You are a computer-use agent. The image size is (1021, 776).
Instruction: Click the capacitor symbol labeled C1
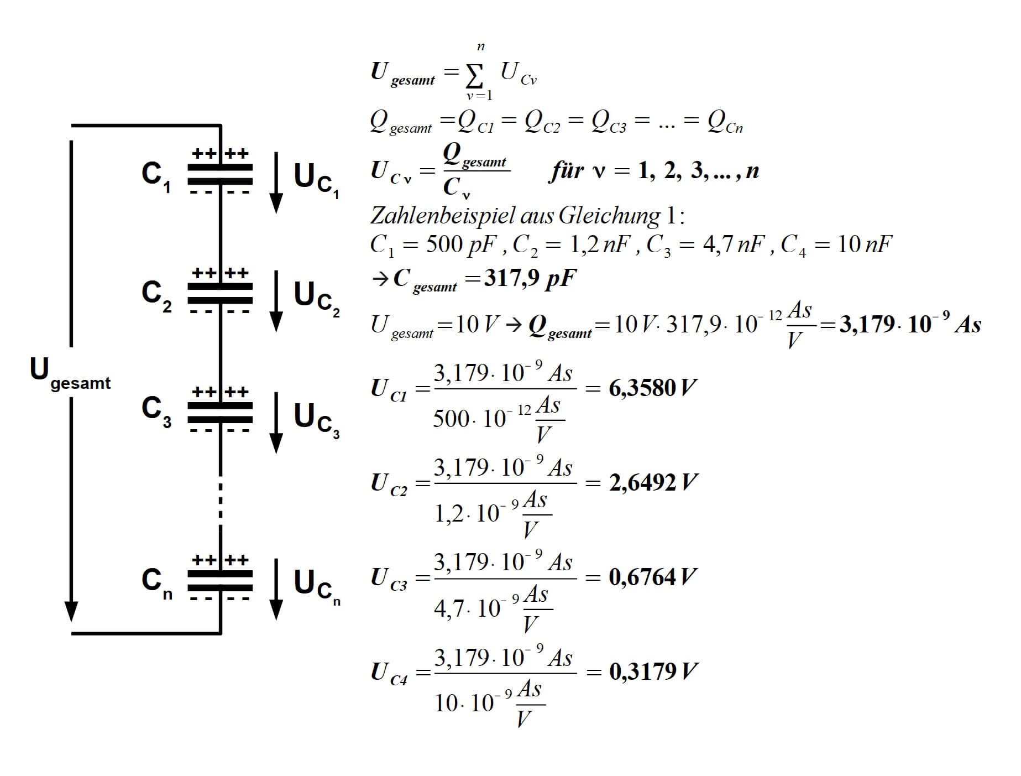(220, 174)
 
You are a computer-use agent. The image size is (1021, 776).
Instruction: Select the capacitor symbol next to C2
(220, 293)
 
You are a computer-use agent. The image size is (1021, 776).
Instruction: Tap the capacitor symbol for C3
(220, 413)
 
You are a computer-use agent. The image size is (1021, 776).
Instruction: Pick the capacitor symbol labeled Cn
(220, 580)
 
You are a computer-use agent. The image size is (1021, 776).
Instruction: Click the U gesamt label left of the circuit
(69, 373)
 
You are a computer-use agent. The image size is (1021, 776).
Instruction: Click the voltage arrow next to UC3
(276, 423)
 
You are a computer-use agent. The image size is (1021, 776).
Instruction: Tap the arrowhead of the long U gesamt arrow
(71, 611)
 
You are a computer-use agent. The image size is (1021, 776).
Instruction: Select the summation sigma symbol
(474, 77)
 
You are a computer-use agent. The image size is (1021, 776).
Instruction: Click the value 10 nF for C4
(864, 244)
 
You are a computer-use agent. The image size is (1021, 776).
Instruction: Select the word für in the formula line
(566, 171)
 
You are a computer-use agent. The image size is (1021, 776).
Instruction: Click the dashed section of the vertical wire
(221, 501)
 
